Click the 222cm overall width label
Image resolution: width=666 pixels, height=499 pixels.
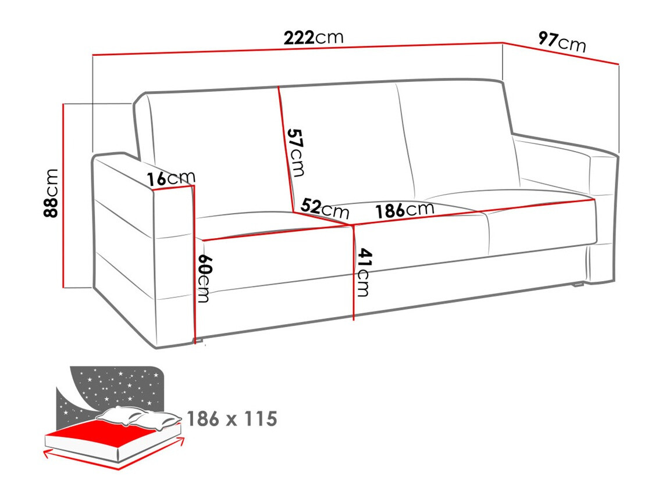pyautogui.click(x=314, y=38)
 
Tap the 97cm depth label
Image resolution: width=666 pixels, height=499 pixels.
pyautogui.click(x=562, y=42)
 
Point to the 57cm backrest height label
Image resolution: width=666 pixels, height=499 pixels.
pyautogui.click(x=295, y=152)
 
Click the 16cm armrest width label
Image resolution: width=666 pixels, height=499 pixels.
pyautogui.click(x=170, y=179)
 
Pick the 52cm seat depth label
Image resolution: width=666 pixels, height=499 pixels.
pyautogui.click(x=325, y=207)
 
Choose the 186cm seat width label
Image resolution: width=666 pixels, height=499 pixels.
pyautogui.click(x=405, y=210)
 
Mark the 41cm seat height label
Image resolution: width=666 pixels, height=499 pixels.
pyautogui.click(x=364, y=272)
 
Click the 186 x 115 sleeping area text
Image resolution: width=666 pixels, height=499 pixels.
pyautogui.click(x=232, y=418)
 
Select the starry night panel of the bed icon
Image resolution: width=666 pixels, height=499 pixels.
pyautogui.click(x=116, y=386)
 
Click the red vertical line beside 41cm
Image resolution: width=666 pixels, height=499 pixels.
pyautogui.click(x=353, y=273)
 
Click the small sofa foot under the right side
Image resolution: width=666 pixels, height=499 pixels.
pyautogui.click(x=578, y=285)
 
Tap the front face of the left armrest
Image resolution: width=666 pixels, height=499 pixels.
pyautogui.click(x=173, y=261)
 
